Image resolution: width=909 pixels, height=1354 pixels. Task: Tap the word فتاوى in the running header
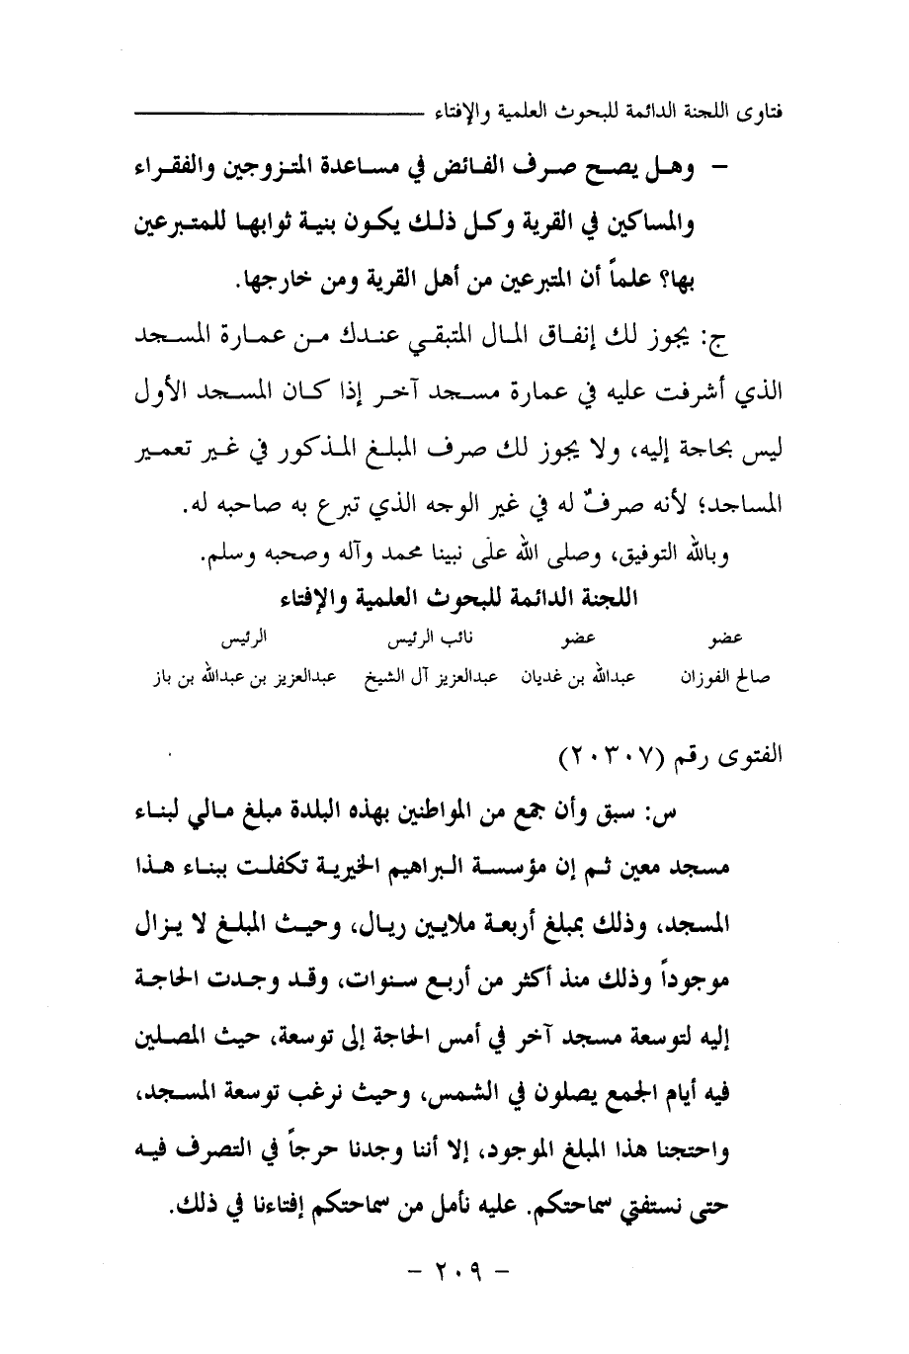click(x=758, y=107)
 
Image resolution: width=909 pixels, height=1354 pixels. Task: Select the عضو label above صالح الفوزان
click(x=727, y=640)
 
